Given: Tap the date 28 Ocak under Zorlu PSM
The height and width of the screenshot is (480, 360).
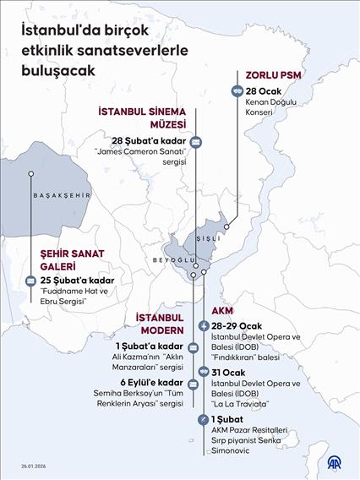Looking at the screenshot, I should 263,90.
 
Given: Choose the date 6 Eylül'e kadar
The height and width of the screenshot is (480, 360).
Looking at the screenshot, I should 149,383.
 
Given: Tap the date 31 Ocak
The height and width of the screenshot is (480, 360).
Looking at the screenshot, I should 229,371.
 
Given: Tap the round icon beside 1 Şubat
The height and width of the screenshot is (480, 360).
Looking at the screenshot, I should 202,420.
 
